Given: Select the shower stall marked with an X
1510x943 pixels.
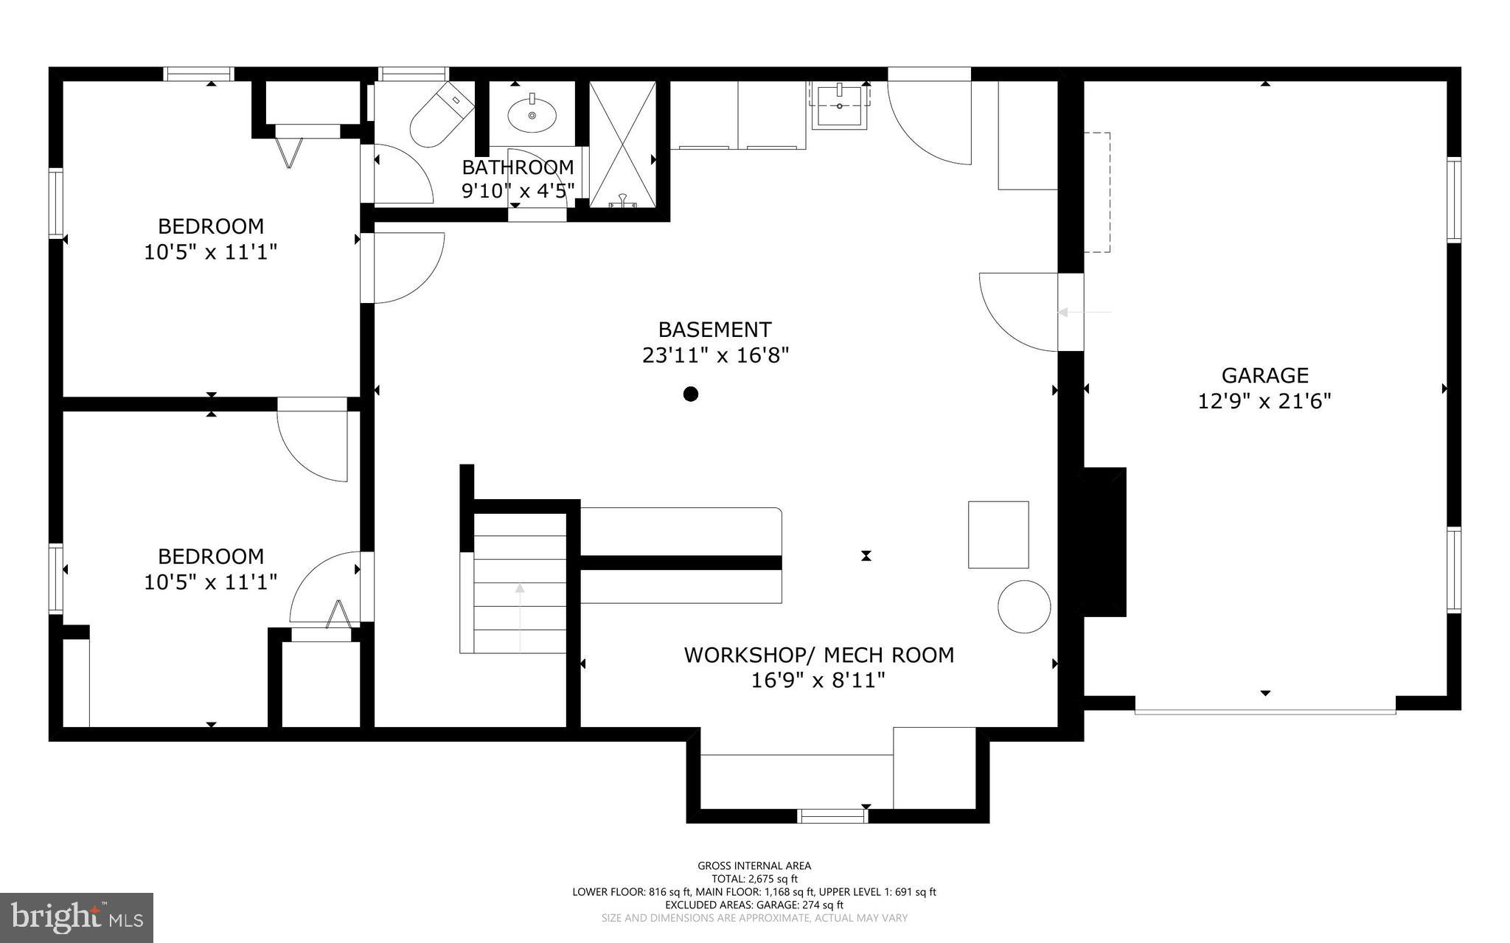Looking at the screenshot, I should coord(623,144).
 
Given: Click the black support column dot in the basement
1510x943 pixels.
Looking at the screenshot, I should coord(691,394).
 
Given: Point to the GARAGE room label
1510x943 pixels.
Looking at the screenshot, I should coord(1264,375).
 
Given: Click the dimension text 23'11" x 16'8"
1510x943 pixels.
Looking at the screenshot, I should coord(715,355).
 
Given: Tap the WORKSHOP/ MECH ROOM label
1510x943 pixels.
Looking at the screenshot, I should coord(818,655).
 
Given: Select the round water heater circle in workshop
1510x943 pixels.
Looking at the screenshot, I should coord(1024,606).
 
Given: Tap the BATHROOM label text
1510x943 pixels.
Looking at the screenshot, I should coord(518,167).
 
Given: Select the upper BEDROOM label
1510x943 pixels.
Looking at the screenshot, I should coord(211,226).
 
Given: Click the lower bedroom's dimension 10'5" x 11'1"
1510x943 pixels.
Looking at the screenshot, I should coord(211,582).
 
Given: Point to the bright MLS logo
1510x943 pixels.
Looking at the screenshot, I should coord(77,917).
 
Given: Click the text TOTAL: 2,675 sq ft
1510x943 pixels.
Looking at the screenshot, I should coord(754,879).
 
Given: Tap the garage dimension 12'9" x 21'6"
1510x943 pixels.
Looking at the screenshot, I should coord(1264,402).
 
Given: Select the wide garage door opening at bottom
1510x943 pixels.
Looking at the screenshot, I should coord(1264,711).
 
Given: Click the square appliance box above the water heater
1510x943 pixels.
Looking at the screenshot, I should coord(998,535).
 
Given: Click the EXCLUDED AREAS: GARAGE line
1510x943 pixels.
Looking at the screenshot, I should coord(754,905).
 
